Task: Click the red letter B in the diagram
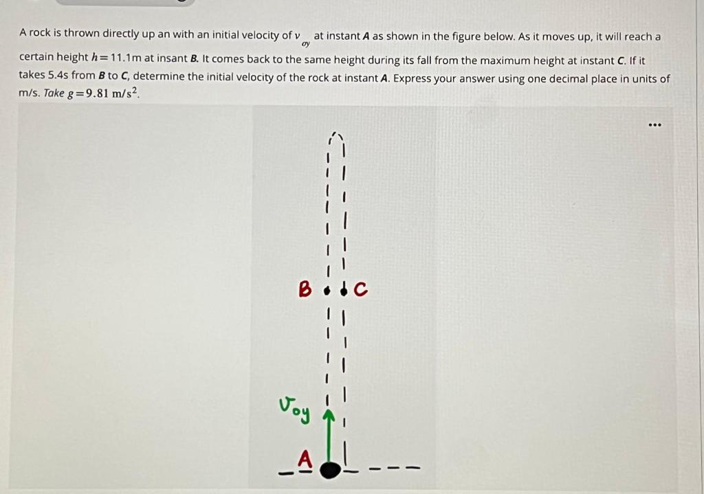(x=305, y=289)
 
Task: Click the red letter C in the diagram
(x=361, y=291)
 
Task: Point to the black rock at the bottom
(x=331, y=470)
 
